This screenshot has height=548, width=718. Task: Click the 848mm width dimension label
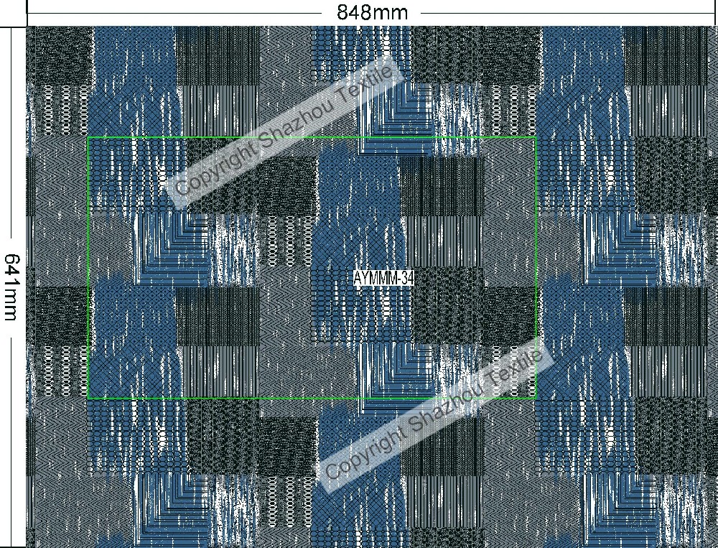[x=372, y=12]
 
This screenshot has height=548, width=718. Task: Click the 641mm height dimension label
[x=12, y=287]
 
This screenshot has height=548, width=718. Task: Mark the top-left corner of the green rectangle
[x=88, y=137]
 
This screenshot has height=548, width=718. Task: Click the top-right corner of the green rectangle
[x=536, y=137]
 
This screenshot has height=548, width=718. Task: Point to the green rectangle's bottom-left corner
[x=88, y=398]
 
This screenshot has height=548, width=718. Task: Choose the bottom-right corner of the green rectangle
[x=536, y=398]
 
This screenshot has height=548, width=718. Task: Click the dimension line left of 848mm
[x=179, y=12]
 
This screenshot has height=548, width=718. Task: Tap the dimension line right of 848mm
[x=567, y=12]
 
